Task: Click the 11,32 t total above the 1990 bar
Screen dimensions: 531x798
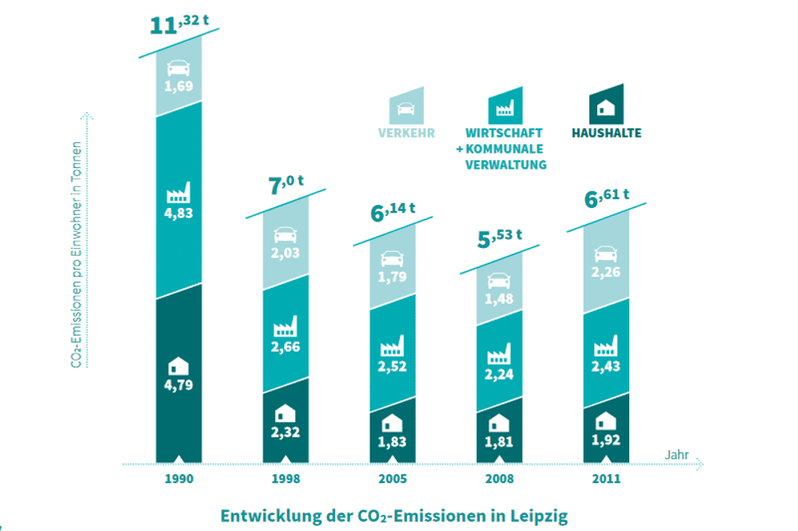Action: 179,24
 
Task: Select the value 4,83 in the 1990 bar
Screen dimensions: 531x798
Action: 179,214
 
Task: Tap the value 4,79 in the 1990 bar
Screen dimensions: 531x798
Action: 179,384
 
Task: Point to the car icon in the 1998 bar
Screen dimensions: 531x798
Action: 285,235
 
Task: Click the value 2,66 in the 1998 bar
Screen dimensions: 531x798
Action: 285,346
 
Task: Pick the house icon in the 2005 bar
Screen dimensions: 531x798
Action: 393,422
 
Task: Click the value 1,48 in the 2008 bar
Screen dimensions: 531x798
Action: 499,298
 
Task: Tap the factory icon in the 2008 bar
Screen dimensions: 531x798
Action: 499,353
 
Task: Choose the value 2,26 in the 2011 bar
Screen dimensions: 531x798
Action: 606,272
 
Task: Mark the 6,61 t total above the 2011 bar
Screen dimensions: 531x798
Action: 607,197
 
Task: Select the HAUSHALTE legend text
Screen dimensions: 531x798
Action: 606,133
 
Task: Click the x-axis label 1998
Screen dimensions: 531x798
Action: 285,480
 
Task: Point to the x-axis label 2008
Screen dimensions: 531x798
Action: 499,480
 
